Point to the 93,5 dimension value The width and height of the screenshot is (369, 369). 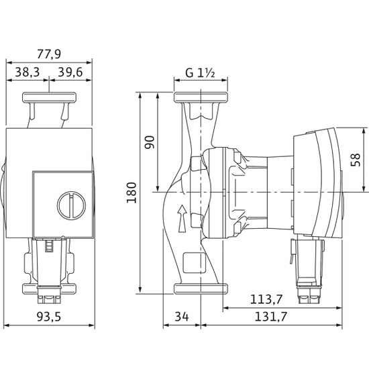click(50, 317)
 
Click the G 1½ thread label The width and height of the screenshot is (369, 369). click(199, 72)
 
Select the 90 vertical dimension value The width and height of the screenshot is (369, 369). click(149, 142)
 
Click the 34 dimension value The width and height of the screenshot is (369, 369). click(181, 317)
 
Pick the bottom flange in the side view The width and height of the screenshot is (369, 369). click(199, 289)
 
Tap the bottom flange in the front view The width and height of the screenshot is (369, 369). click(50, 290)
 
